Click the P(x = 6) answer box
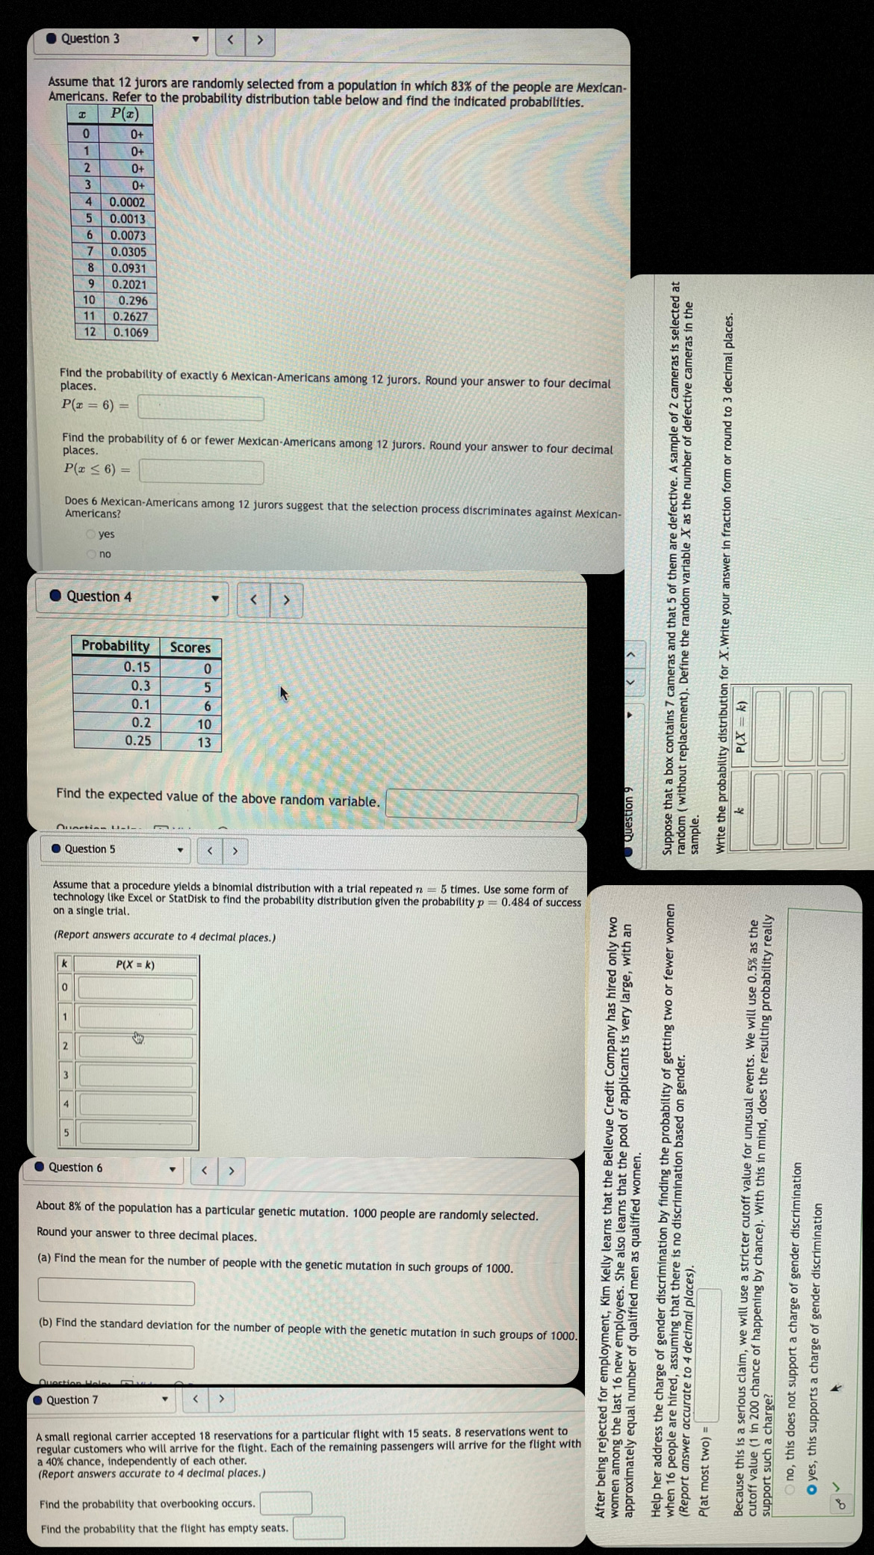click(200, 408)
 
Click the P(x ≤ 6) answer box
click(202, 472)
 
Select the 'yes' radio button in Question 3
click(91, 534)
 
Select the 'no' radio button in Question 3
click(91, 554)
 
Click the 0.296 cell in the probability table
click(132, 301)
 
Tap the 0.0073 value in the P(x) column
click(128, 235)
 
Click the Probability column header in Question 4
click(116, 646)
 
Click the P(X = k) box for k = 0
click(136, 988)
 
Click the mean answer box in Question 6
click(117, 1292)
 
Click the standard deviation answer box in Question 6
click(117, 1355)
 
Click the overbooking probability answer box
click(286, 1503)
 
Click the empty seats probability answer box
click(319, 1527)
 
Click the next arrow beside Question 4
click(286, 600)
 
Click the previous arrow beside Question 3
click(231, 40)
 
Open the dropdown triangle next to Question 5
click(180, 850)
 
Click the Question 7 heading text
click(72, 1399)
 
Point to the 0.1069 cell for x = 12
click(131, 333)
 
